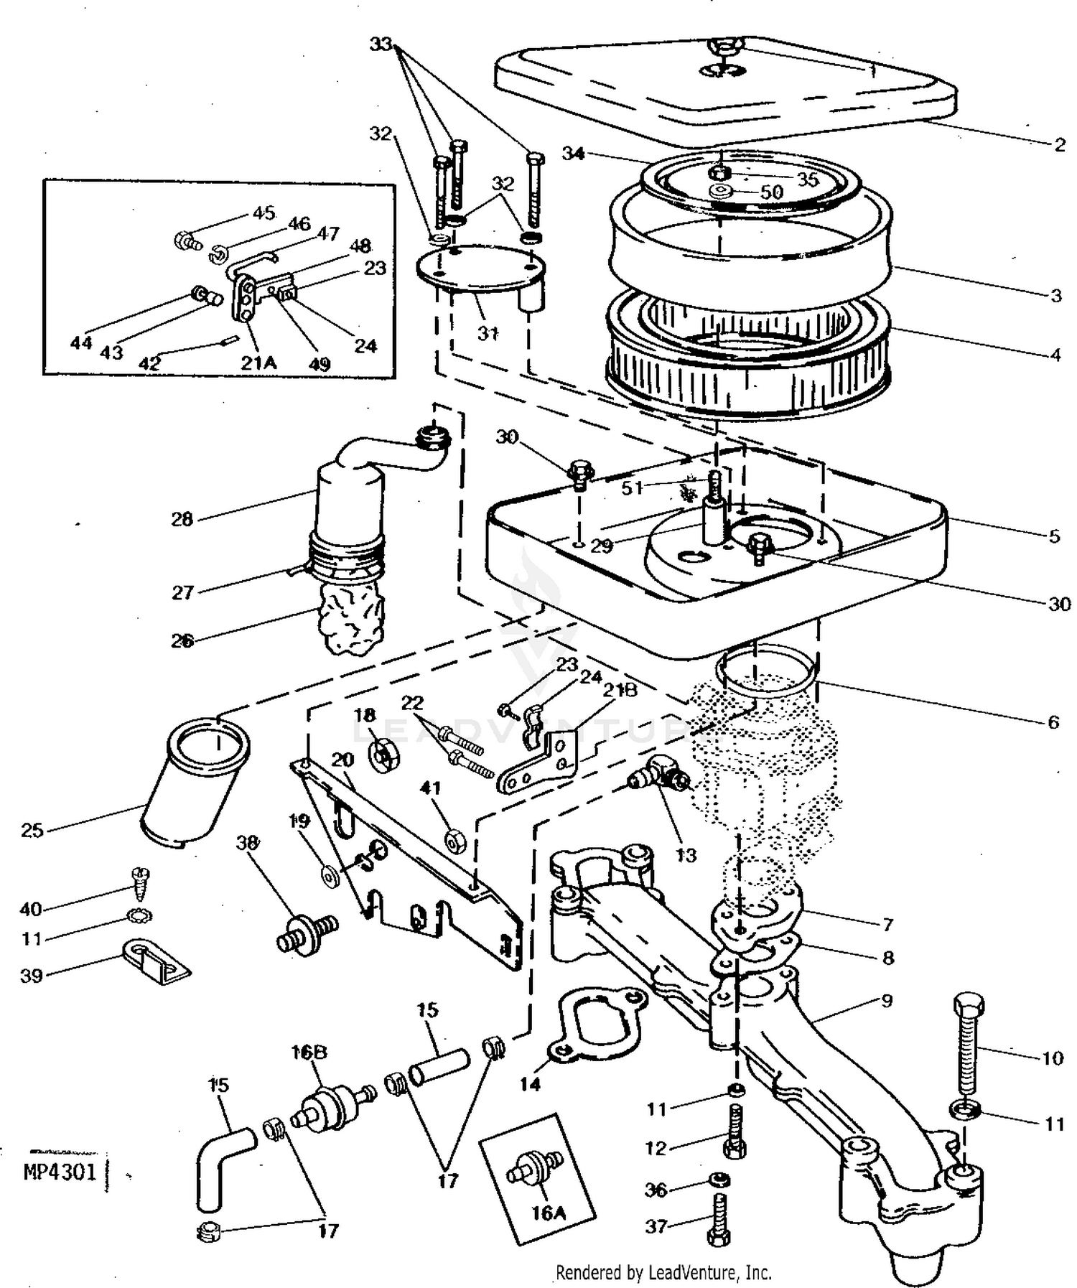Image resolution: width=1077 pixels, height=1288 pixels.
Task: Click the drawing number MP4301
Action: (x=60, y=1172)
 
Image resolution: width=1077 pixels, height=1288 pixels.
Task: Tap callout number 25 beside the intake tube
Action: (x=32, y=831)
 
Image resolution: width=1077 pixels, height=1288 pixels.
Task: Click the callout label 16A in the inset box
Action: (x=549, y=1213)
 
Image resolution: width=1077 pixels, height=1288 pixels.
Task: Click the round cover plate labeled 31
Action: (x=480, y=273)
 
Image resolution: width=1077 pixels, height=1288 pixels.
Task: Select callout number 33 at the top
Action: (x=381, y=45)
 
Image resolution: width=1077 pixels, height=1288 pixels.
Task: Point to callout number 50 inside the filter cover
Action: (x=772, y=192)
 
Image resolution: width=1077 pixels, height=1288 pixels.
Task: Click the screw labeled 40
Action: (x=138, y=882)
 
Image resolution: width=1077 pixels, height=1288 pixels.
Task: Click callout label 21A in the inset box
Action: (x=258, y=363)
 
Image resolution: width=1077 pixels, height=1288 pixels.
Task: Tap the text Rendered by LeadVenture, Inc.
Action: (x=664, y=1273)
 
